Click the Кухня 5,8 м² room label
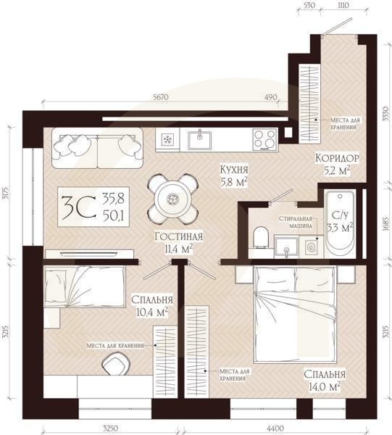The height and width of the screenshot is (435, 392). [x=234, y=175]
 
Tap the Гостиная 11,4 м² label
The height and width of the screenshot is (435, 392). [x=179, y=243]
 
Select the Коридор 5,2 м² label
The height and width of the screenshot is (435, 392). [x=337, y=164]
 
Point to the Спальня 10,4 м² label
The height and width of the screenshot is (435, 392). [x=152, y=306]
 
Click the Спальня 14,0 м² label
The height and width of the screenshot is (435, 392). [x=325, y=380]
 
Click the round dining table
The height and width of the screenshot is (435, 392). [x=173, y=199]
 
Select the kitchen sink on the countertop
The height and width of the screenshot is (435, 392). [x=199, y=140]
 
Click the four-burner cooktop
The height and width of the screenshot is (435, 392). [x=265, y=139]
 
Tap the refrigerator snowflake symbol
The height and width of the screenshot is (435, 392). [x=167, y=139]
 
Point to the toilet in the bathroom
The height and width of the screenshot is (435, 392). [x=261, y=238]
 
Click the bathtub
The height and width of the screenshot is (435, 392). [x=340, y=220]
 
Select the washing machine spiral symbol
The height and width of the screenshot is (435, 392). [x=311, y=247]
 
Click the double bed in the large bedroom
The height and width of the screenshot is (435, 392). [x=295, y=314]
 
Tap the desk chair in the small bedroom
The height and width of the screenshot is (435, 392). [x=116, y=363]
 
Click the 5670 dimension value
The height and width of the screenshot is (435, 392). [x=161, y=97]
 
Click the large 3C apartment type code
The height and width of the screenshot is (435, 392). [x=79, y=208]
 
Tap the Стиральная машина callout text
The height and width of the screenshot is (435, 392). [x=296, y=223]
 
